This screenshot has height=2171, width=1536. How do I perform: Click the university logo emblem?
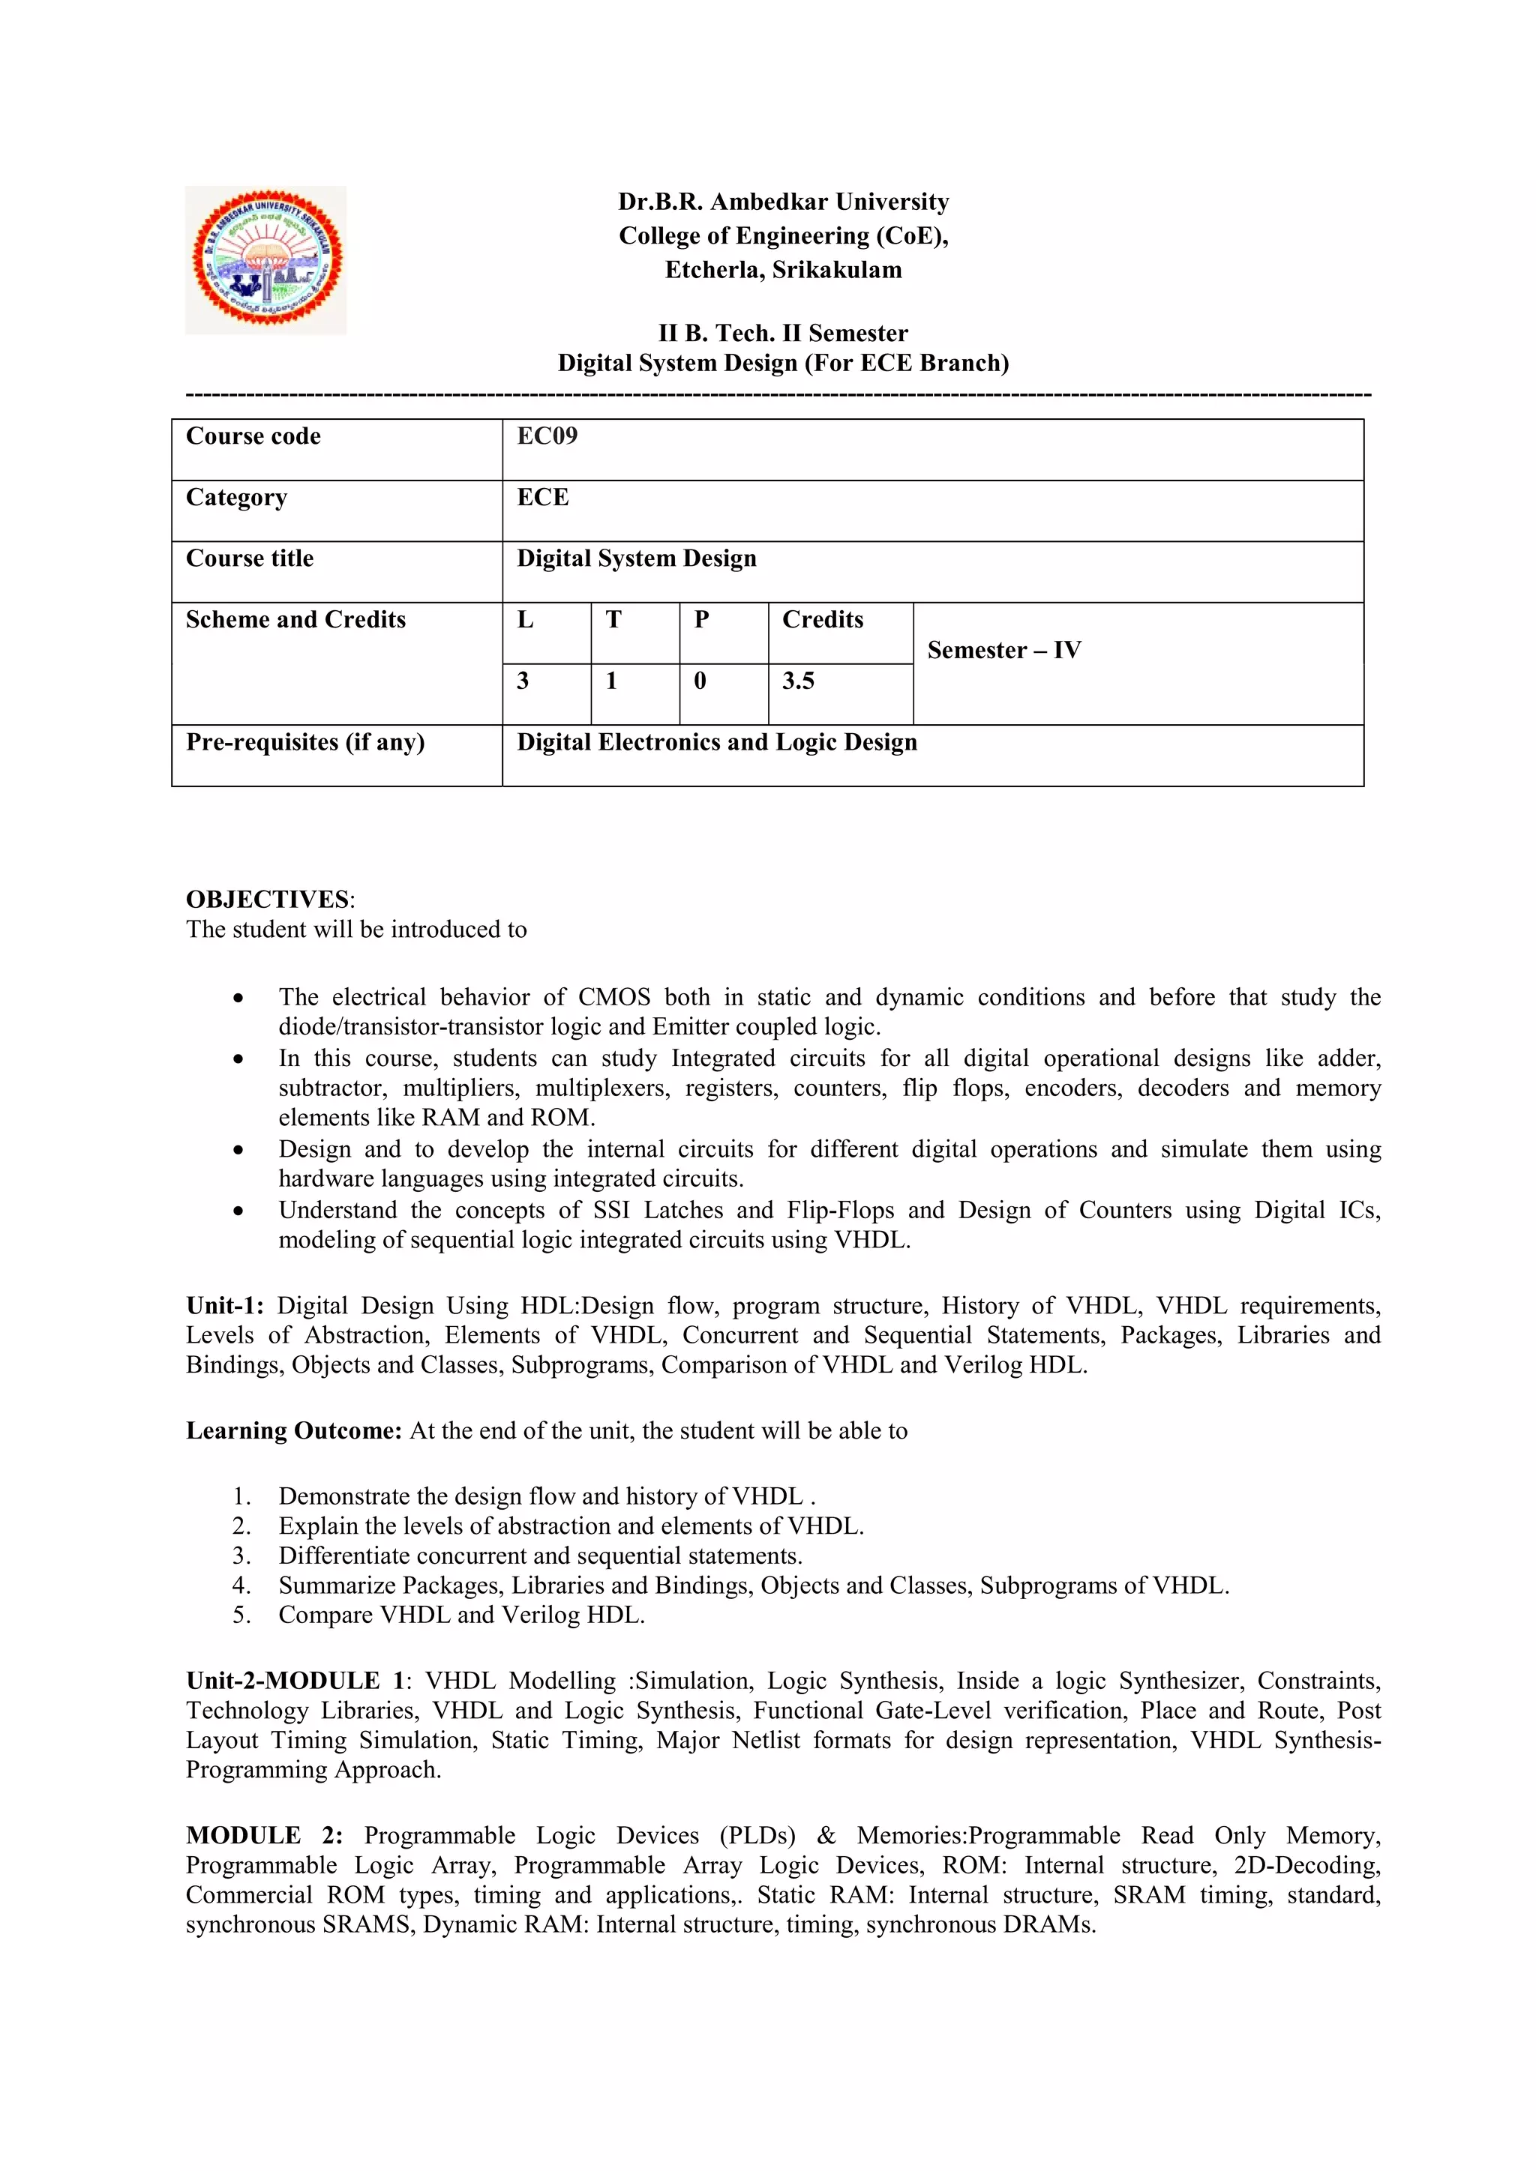265,259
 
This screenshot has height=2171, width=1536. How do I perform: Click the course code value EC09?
547,436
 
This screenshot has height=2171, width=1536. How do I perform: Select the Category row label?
236,497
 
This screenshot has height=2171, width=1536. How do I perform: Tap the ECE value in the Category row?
542,497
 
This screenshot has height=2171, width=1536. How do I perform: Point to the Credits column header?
822,619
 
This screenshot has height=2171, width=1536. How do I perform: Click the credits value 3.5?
797,681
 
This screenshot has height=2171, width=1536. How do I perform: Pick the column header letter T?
613,619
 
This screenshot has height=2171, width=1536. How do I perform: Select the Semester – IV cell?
1003,651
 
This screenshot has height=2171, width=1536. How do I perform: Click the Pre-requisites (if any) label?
304,742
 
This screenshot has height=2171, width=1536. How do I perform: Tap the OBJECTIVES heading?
268,900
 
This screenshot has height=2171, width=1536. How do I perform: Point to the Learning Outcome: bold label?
294,1430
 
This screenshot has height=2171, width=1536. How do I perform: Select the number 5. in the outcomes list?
241,1615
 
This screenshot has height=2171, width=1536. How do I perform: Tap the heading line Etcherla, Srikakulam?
783,271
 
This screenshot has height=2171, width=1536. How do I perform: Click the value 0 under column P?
700,681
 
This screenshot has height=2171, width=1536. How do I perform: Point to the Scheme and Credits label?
295,619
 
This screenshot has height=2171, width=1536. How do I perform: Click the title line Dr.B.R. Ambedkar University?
783,202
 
